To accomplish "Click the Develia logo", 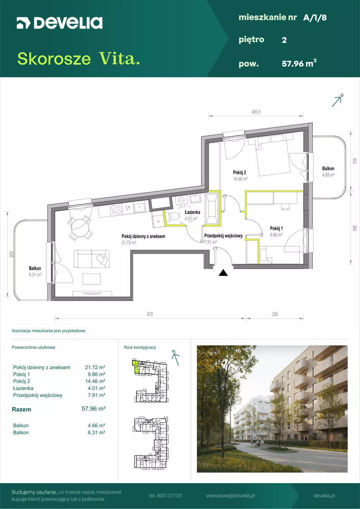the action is [60, 23].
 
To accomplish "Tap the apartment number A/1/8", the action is [315, 18].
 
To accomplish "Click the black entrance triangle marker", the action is [223, 273].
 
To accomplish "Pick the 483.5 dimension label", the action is [256, 112].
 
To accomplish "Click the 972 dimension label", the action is [150, 314].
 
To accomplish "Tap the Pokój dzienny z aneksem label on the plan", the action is [144, 237].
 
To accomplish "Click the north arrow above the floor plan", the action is [338, 100].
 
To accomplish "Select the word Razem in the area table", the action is [22, 409].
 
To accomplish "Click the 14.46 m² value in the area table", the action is [94, 381].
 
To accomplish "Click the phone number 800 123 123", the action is [165, 496].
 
